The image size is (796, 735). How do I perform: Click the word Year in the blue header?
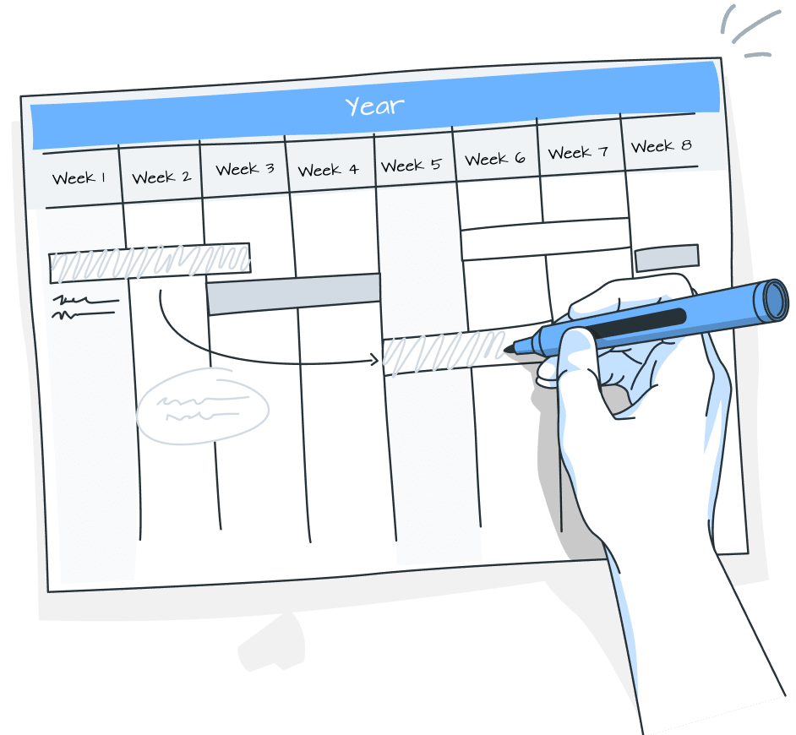coord(374,106)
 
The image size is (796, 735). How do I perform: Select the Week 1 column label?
coord(79,178)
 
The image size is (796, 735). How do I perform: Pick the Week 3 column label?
coord(244,169)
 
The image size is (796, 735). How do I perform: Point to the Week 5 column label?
coord(411,165)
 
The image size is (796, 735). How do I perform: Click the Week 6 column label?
coord(494,159)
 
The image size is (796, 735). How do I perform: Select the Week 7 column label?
coord(577,153)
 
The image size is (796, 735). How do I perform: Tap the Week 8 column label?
coord(661,146)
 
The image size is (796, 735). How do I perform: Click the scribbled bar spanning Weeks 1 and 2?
coord(150,263)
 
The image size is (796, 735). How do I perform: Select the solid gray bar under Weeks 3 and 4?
coord(293,293)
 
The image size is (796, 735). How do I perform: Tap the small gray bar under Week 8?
coord(667,258)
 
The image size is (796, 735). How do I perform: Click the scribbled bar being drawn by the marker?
coord(444,353)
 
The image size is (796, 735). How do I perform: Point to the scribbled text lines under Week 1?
coord(85,307)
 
